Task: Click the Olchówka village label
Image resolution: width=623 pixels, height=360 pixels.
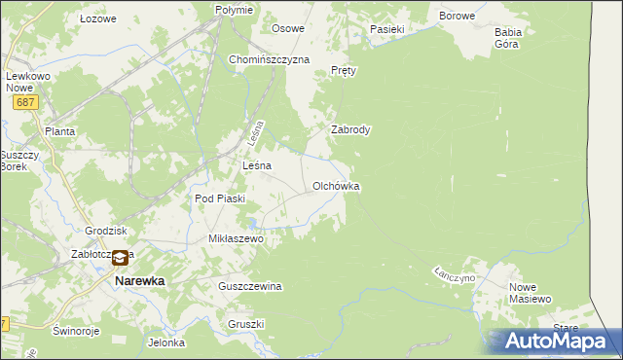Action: click(x=337, y=185)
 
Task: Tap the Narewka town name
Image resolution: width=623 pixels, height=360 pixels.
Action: click(x=140, y=280)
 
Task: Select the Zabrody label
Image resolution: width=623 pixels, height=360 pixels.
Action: click(x=350, y=129)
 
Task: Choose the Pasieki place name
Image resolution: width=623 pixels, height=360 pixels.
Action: click(x=386, y=29)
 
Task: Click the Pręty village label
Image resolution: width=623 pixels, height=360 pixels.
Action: click(x=345, y=71)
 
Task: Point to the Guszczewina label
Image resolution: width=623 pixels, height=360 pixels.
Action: click(x=250, y=286)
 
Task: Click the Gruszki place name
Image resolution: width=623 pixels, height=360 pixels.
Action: click(x=246, y=324)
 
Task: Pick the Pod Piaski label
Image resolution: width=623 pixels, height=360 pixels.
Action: click(x=220, y=198)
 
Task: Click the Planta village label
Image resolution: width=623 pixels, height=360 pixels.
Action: click(x=60, y=130)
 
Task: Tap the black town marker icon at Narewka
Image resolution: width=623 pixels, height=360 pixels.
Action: click(x=120, y=259)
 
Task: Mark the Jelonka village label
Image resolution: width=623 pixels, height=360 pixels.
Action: click(x=165, y=342)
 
